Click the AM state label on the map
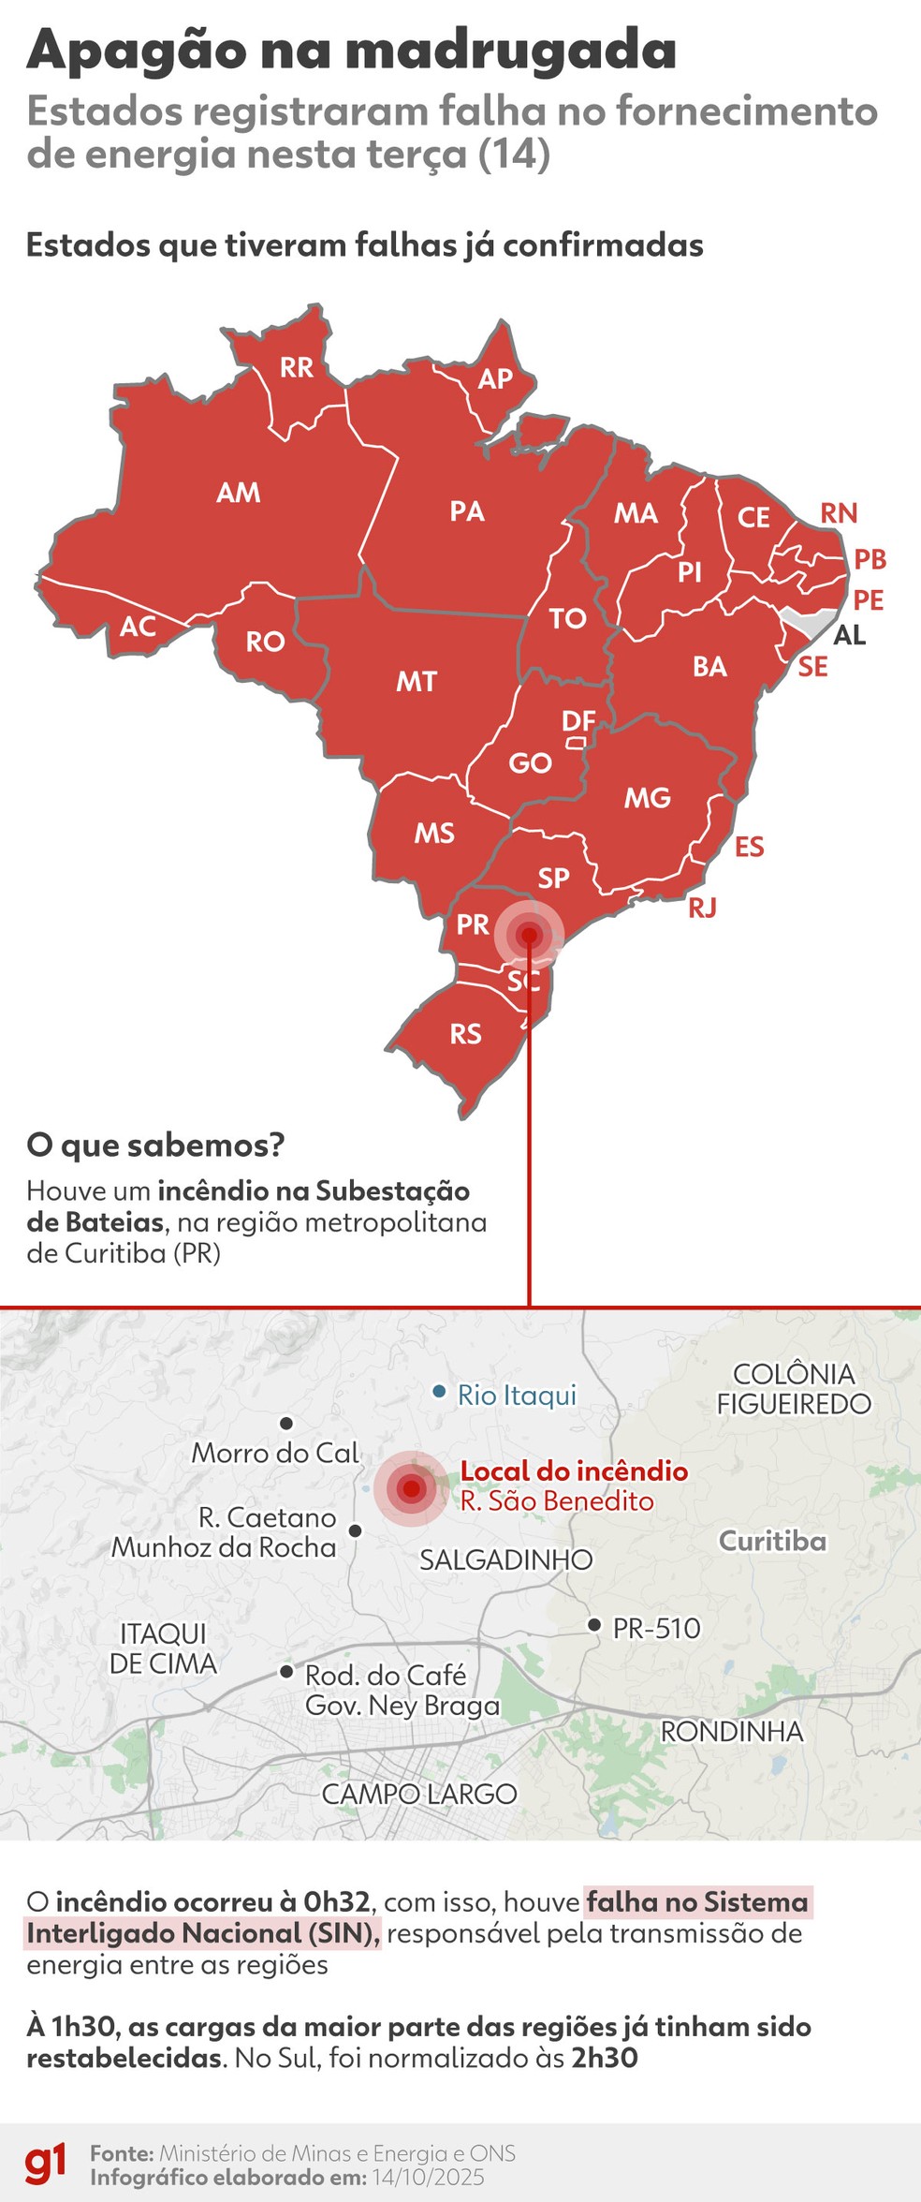coord(239,493)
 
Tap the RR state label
coord(297,367)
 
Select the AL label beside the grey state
coord(849,635)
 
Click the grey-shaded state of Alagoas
coord(810,620)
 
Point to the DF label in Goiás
coord(578,720)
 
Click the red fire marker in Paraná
coord(529,935)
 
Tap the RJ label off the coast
coord(702,908)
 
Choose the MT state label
coord(417,681)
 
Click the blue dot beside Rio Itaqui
coord(439,1392)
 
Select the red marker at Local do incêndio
coord(410,1487)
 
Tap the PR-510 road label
coord(656,1629)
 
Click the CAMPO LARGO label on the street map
coord(419,1794)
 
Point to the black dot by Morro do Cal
coord(286,1423)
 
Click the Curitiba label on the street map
coord(772,1541)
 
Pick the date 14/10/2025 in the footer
coord(428,2177)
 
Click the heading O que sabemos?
coord(155,1145)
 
